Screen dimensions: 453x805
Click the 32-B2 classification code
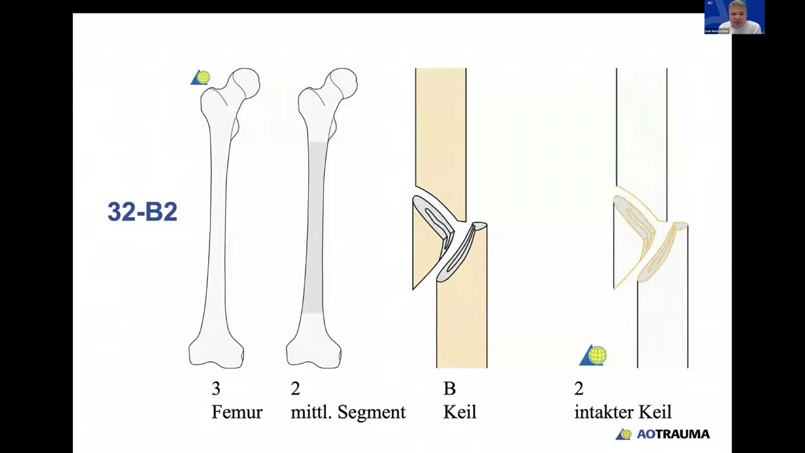(x=142, y=212)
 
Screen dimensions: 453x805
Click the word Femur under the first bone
(x=236, y=412)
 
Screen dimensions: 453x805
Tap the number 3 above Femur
(x=216, y=389)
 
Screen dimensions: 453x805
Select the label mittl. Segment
(x=348, y=412)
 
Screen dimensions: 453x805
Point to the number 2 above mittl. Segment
(x=295, y=389)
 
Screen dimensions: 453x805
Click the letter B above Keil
(x=449, y=389)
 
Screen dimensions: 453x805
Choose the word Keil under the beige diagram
(x=460, y=412)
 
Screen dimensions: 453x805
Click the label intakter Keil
(x=623, y=412)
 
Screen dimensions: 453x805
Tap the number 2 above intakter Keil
(x=579, y=389)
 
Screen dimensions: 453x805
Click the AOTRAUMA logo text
(x=672, y=434)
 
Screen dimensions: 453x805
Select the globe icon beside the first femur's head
(x=201, y=77)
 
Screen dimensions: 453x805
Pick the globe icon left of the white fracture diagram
(x=594, y=355)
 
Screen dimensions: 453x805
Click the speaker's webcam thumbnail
(x=734, y=17)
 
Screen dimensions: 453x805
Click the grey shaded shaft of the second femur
(x=316, y=226)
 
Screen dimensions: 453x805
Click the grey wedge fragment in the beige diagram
(x=434, y=226)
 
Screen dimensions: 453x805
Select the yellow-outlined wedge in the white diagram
(x=635, y=226)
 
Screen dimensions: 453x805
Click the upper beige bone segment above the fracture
(x=440, y=126)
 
